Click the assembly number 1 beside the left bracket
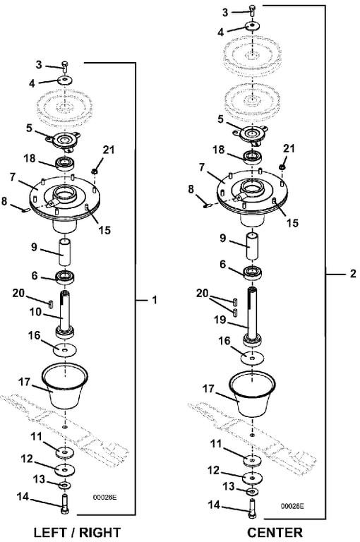tap(155, 300)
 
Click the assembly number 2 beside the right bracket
tap(353, 273)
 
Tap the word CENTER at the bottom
tap(275, 532)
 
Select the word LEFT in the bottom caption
tap(50, 532)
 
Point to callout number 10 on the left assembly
tap(35, 312)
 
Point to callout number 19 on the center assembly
tap(220, 320)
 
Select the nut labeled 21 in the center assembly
tap(282, 167)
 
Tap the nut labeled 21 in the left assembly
tap(94, 171)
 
